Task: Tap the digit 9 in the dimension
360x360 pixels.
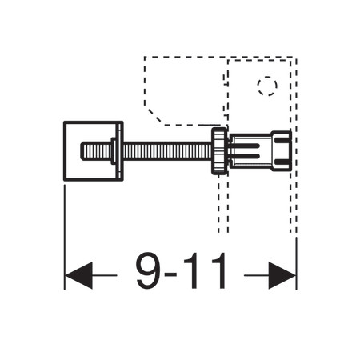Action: pyautogui.click(x=149, y=270)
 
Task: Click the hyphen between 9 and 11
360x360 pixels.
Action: pyautogui.click(x=170, y=275)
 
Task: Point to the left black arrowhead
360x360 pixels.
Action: pyautogui.click(x=78, y=275)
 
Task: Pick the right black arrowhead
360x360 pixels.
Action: pyautogui.click(x=282, y=275)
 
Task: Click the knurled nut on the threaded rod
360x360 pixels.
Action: pyautogui.click(x=220, y=151)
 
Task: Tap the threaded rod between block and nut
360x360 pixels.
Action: pyautogui.click(x=167, y=151)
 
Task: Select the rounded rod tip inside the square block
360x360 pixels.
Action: pyautogui.click(x=95, y=151)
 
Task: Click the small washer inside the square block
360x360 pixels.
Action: pyautogui.click(x=114, y=151)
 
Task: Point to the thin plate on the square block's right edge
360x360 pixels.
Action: pyautogui.click(x=120, y=151)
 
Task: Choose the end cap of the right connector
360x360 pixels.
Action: pyautogui.click(x=281, y=150)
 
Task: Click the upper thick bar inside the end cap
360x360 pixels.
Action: pyautogui.click(x=282, y=140)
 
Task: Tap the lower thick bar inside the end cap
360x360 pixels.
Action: pyautogui.click(x=282, y=162)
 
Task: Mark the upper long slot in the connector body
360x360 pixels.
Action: pyautogui.click(x=246, y=146)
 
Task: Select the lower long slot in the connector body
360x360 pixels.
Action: pyautogui.click(x=246, y=156)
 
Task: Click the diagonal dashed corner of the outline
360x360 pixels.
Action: pyautogui.click(x=154, y=115)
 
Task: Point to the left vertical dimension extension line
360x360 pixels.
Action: pyautogui.click(x=65, y=238)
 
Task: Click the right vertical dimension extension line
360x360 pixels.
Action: pyautogui.click(x=296, y=263)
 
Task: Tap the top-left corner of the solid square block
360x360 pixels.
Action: pyautogui.click(x=64, y=122)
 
